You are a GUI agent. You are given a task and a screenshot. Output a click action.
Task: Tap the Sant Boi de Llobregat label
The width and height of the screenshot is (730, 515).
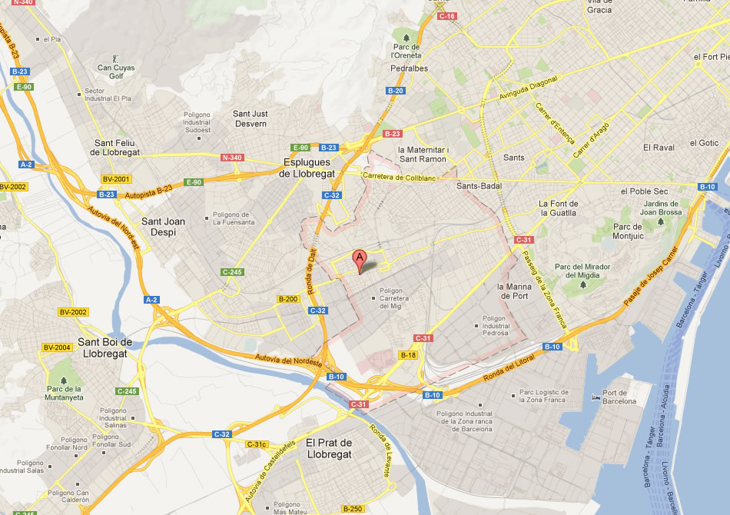point(106,347)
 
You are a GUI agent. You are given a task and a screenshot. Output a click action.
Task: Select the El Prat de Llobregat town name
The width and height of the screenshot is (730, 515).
point(328,448)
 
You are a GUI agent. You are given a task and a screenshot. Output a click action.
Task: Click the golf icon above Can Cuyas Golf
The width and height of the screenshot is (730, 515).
point(115,58)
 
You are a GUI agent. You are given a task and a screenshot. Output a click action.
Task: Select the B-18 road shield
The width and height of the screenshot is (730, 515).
point(407,355)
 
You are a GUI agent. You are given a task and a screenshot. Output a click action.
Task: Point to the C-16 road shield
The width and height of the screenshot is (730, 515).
point(447,16)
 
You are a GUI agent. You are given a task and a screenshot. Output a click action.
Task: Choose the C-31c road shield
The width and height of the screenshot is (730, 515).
point(257,444)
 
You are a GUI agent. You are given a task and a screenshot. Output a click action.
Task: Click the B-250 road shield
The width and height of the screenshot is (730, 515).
point(353,509)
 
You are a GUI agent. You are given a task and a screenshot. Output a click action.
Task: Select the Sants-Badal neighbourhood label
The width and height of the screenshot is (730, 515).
point(479,186)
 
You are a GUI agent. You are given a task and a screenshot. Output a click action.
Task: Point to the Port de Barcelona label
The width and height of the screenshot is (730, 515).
point(619,396)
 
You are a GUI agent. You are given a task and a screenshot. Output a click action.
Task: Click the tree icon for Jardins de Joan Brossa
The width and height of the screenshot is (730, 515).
point(660,223)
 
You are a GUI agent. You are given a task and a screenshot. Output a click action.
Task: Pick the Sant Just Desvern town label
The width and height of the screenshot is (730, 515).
point(250,118)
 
